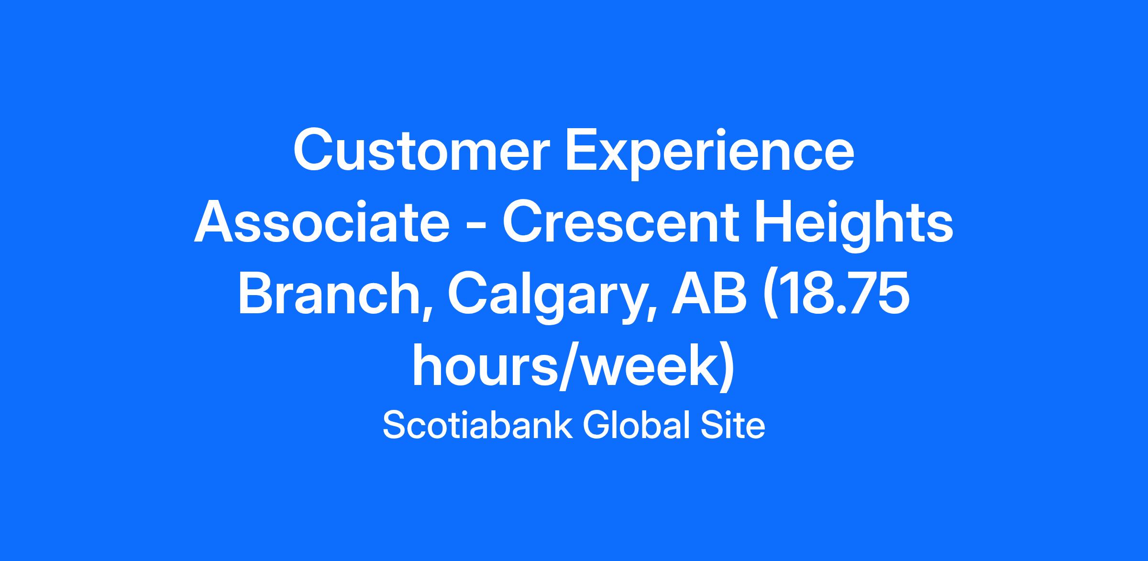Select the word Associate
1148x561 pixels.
321,223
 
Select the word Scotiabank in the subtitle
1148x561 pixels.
477,425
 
